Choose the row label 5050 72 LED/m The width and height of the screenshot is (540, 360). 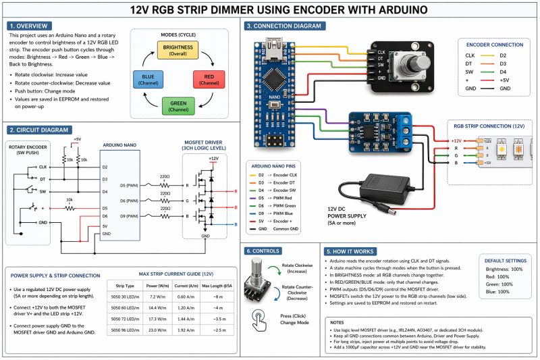[x=124, y=319]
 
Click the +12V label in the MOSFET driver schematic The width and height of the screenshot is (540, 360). [x=213, y=158]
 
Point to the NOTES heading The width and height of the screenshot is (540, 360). [x=339, y=322]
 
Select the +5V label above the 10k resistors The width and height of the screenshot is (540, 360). [x=77, y=139]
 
